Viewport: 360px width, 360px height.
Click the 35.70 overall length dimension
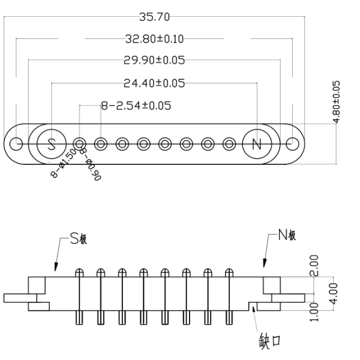pyautogui.click(x=155, y=17)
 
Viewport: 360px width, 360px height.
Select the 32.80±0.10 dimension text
pyautogui.click(x=154, y=39)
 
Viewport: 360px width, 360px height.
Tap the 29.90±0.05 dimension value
pyautogui.click(x=154, y=60)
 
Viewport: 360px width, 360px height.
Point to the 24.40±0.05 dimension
pyautogui.click(x=154, y=83)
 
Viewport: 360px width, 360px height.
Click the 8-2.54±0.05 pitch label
pyautogui.click(x=136, y=106)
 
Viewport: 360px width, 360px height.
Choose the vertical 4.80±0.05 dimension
pyautogui.click(x=337, y=102)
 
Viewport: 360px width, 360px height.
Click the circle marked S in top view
pyautogui.click(x=52, y=144)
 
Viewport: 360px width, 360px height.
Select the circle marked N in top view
pyautogui.click(x=257, y=144)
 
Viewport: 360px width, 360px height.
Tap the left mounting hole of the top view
pyautogui.click(x=16, y=144)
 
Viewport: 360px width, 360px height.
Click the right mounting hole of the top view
pyautogui.click(x=293, y=144)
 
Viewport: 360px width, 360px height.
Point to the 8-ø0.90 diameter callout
pyautogui.click(x=91, y=164)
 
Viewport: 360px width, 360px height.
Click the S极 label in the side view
pyautogui.click(x=78, y=238)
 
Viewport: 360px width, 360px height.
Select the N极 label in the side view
pyautogui.click(x=287, y=235)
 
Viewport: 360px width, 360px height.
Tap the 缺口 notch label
pyautogui.click(x=270, y=341)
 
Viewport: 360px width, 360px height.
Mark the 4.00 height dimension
pyautogui.click(x=334, y=293)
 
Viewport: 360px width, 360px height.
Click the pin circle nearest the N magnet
pyautogui.click(x=229, y=144)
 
